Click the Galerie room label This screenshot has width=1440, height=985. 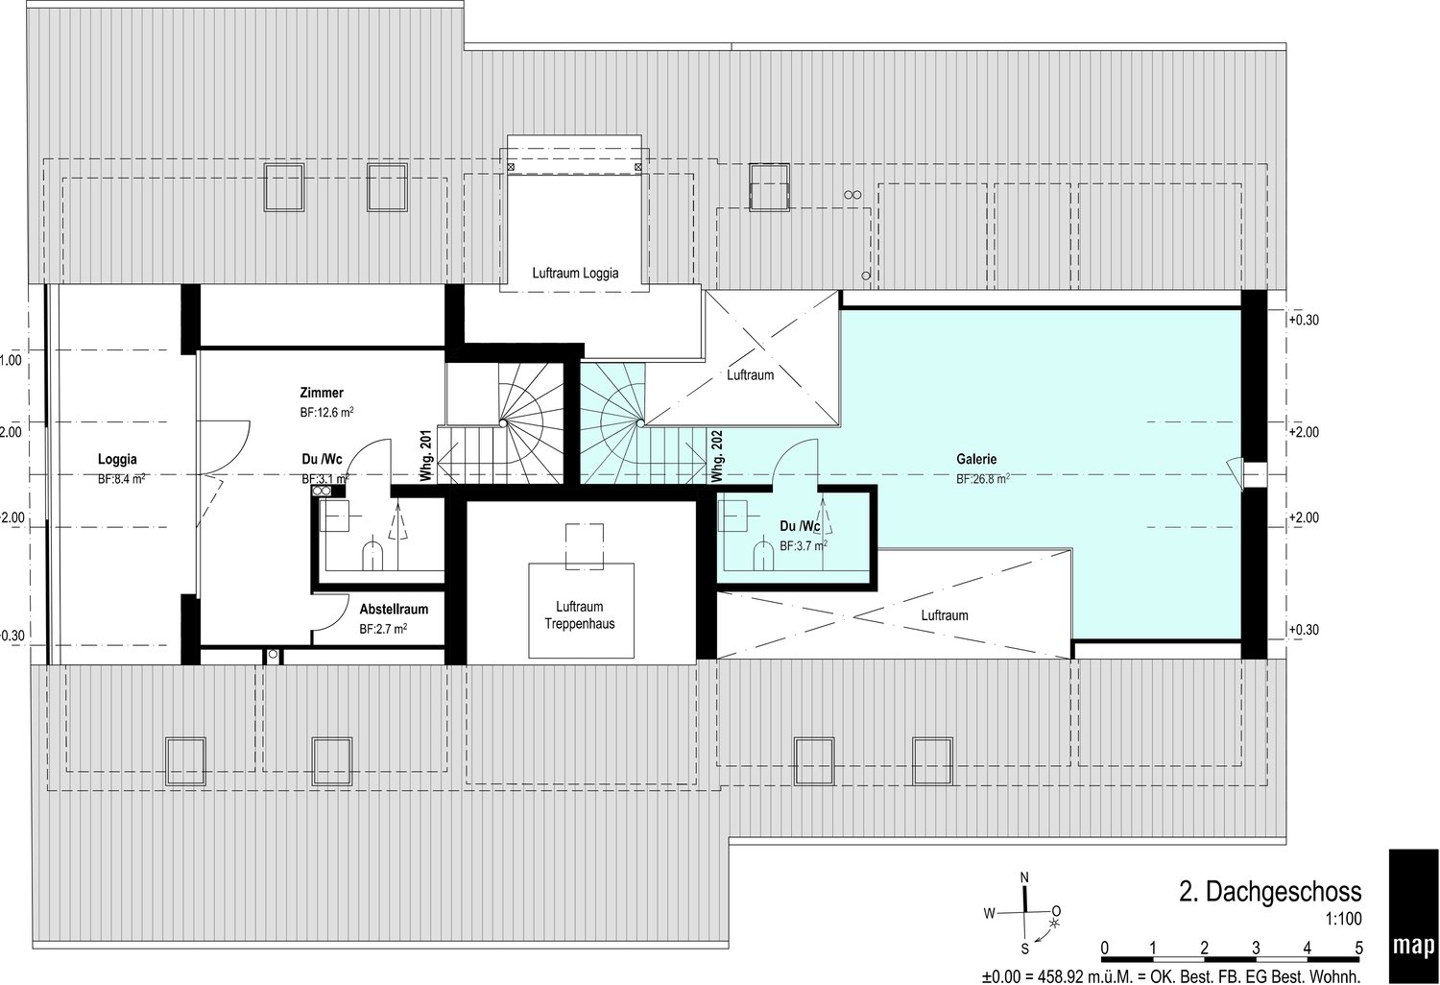(x=976, y=459)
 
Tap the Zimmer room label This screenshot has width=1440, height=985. (x=322, y=393)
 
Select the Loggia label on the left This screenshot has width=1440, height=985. (x=117, y=459)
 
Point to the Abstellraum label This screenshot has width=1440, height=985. (x=394, y=609)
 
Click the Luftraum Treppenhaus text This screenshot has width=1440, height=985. (x=579, y=614)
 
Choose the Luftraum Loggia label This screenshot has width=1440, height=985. (x=575, y=273)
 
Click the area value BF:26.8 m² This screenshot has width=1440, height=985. (x=982, y=479)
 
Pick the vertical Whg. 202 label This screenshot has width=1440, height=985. (x=716, y=456)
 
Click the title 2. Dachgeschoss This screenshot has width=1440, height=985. (x=1269, y=892)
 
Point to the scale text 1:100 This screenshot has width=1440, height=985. (x=1342, y=919)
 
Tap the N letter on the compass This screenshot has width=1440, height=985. (x=1024, y=877)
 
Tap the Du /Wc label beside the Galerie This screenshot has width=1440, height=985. (x=799, y=526)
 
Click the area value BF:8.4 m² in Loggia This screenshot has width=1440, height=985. (x=121, y=479)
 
